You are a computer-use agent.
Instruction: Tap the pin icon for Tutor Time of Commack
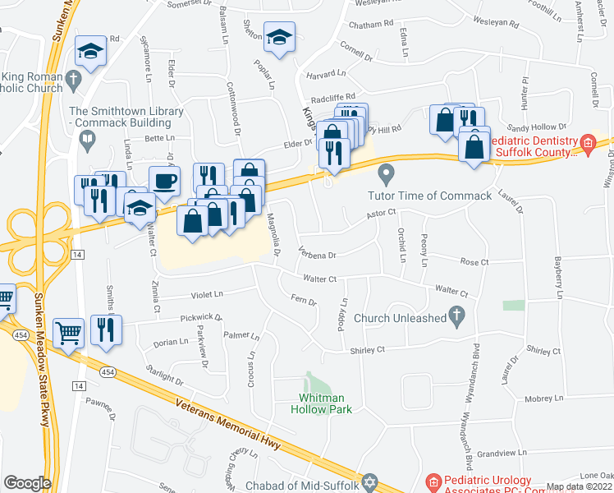click(386, 174)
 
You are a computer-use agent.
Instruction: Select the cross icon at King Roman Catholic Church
click(73, 80)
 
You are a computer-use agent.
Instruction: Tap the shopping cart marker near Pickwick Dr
click(68, 331)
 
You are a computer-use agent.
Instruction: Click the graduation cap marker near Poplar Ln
click(279, 37)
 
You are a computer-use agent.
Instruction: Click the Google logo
click(27, 483)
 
